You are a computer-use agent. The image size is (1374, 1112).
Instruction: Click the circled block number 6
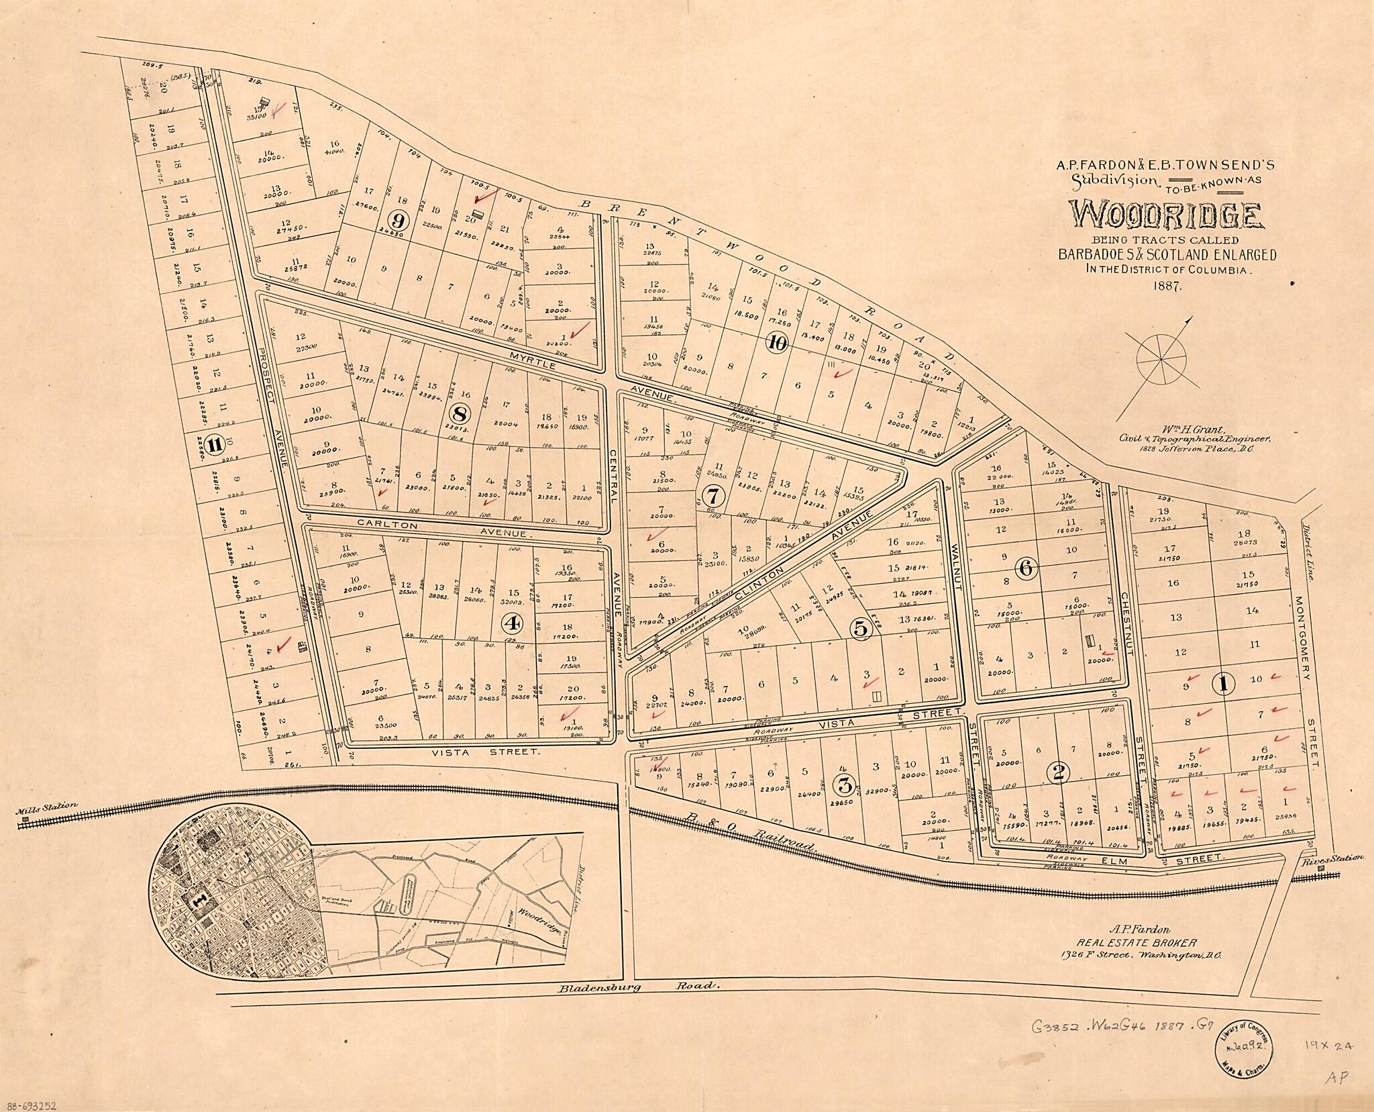click(x=1025, y=568)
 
